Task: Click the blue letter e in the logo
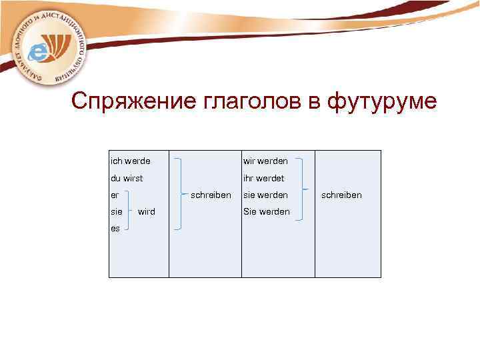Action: click(x=41, y=49)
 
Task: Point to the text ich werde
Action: click(x=130, y=161)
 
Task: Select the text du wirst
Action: click(x=127, y=178)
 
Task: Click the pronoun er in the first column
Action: click(x=115, y=195)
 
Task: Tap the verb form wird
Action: click(x=147, y=211)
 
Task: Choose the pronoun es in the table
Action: click(x=115, y=228)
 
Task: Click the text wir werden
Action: click(x=265, y=161)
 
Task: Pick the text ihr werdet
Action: click(x=263, y=178)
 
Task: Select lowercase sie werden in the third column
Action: click(x=265, y=195)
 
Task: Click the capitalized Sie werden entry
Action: click(x=266, y=211)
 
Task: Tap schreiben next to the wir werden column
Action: click(x=341, y=195)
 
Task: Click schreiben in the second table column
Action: click(x=211, y=195)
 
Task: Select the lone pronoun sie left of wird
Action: click(x=116, y=211)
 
